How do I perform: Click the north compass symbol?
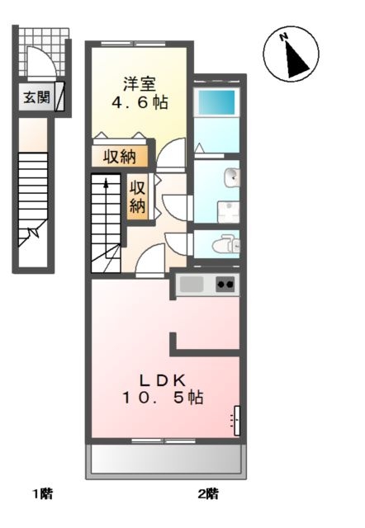coord(290,54)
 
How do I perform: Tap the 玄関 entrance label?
coord(36,97)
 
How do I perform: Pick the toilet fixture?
coord(225,244)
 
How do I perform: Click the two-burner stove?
coord(225,285)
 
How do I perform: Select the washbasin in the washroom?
coord(232,176)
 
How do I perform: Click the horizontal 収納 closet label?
coord(120,156)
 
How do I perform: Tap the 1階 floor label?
coord(43,494)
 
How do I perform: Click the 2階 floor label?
coord(207,494)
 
